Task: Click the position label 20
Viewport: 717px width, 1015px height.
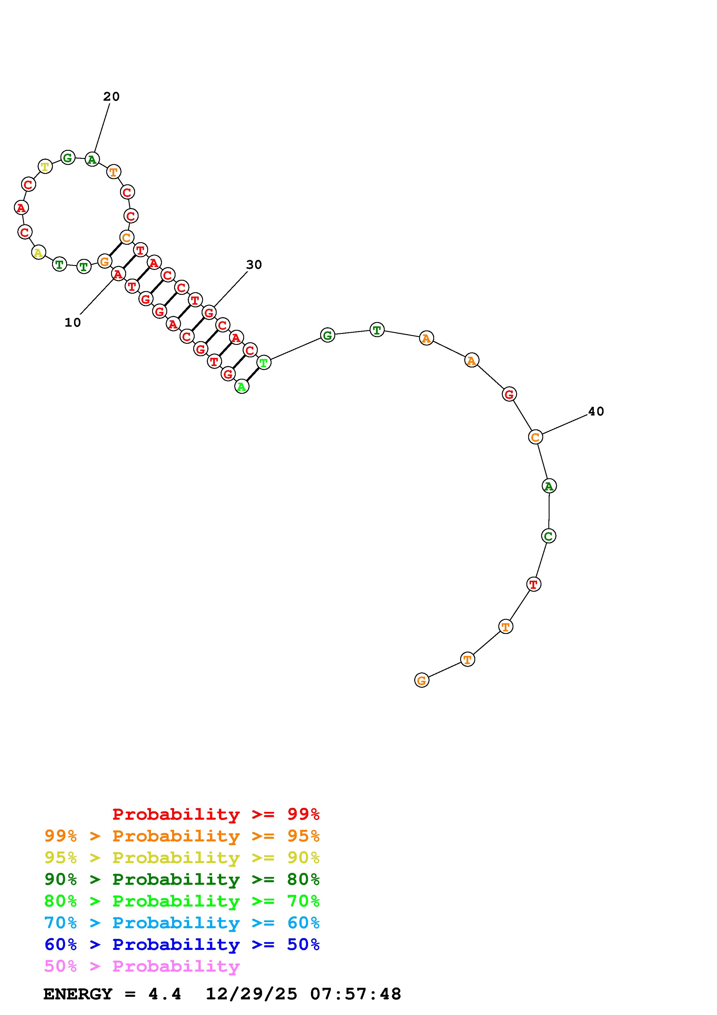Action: pos(111,96)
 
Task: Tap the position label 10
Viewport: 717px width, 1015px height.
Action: pos(73,323)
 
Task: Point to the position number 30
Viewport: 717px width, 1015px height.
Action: pos(254,265)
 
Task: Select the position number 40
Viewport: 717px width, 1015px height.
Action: pos(596,411)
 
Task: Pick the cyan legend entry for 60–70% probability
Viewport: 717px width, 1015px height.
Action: pos(182,923)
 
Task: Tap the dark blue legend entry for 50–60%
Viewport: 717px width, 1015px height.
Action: pos(182,945)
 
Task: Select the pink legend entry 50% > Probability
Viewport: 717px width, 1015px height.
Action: pos(142,966)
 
